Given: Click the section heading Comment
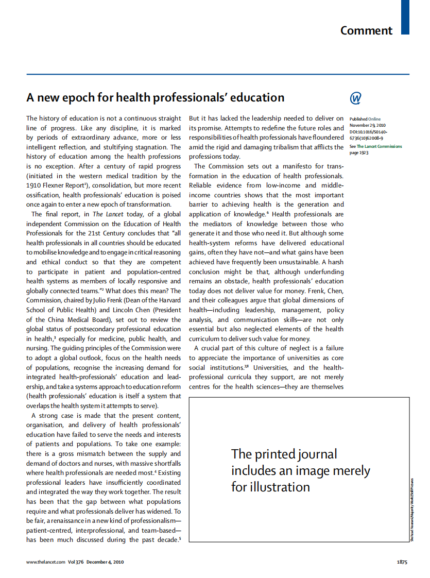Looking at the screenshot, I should click(366, 30).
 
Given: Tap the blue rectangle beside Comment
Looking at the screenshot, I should click(405, 17).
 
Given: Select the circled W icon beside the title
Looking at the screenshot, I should click(355, 98).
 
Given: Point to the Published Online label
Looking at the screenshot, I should click(365, 119).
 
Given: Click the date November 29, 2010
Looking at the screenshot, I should click(367, 125).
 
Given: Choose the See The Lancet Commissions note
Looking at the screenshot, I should click(375, 146).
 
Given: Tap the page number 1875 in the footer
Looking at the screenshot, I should click(402, 562).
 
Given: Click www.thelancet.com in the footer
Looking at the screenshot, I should click(46, 562).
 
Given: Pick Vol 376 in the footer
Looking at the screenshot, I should click(76, 562).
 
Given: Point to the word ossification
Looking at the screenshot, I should click(45, 195).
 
